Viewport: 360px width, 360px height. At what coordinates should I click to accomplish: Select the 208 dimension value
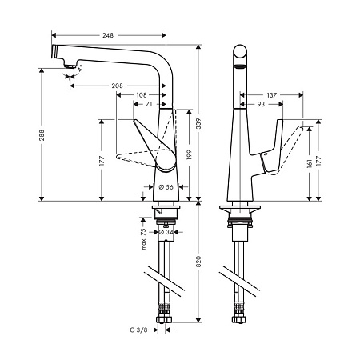(x=118, y=85)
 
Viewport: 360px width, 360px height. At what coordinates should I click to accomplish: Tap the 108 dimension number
(x=142, y=94)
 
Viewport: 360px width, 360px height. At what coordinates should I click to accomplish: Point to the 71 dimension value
(x=149, y=105)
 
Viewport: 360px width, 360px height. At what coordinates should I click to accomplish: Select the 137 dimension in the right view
(x=271, y=95)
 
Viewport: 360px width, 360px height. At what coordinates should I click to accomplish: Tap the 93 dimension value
(x=261, y=105)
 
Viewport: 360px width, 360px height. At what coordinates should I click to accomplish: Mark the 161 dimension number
(x=309, y=165)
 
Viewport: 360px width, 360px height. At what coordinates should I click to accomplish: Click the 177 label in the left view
(x=102, y=160)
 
